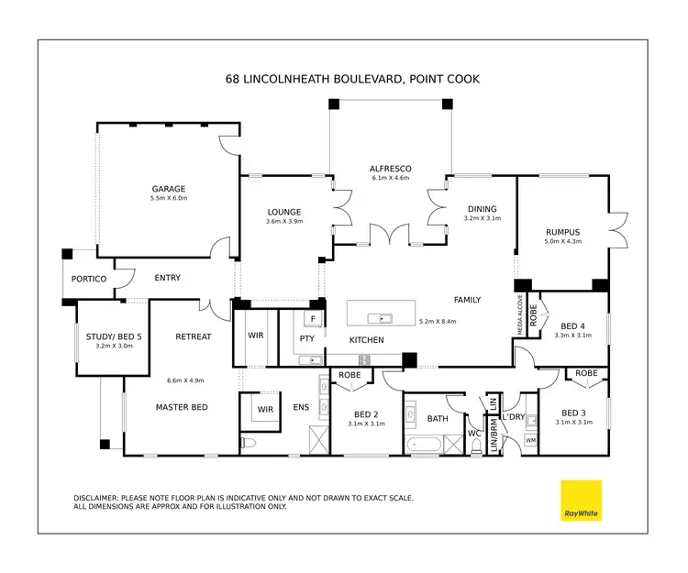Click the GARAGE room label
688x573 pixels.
coord(168,189)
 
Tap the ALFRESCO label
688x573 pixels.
coord(390,169)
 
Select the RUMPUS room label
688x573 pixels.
coord(561,232)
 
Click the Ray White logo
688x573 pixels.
coord(581,501)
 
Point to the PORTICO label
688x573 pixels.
coord(89,279)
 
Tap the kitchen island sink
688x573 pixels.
coord(380,319)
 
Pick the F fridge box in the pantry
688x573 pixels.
coord(313,319)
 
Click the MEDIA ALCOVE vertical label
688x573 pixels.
coord(521,313)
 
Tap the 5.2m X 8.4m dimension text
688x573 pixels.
coord(438,322)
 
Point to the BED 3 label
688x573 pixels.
coord(573,412)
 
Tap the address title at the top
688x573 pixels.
coord(352,80)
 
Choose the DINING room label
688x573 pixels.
coord(481,209)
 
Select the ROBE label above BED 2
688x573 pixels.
coord(349,374)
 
